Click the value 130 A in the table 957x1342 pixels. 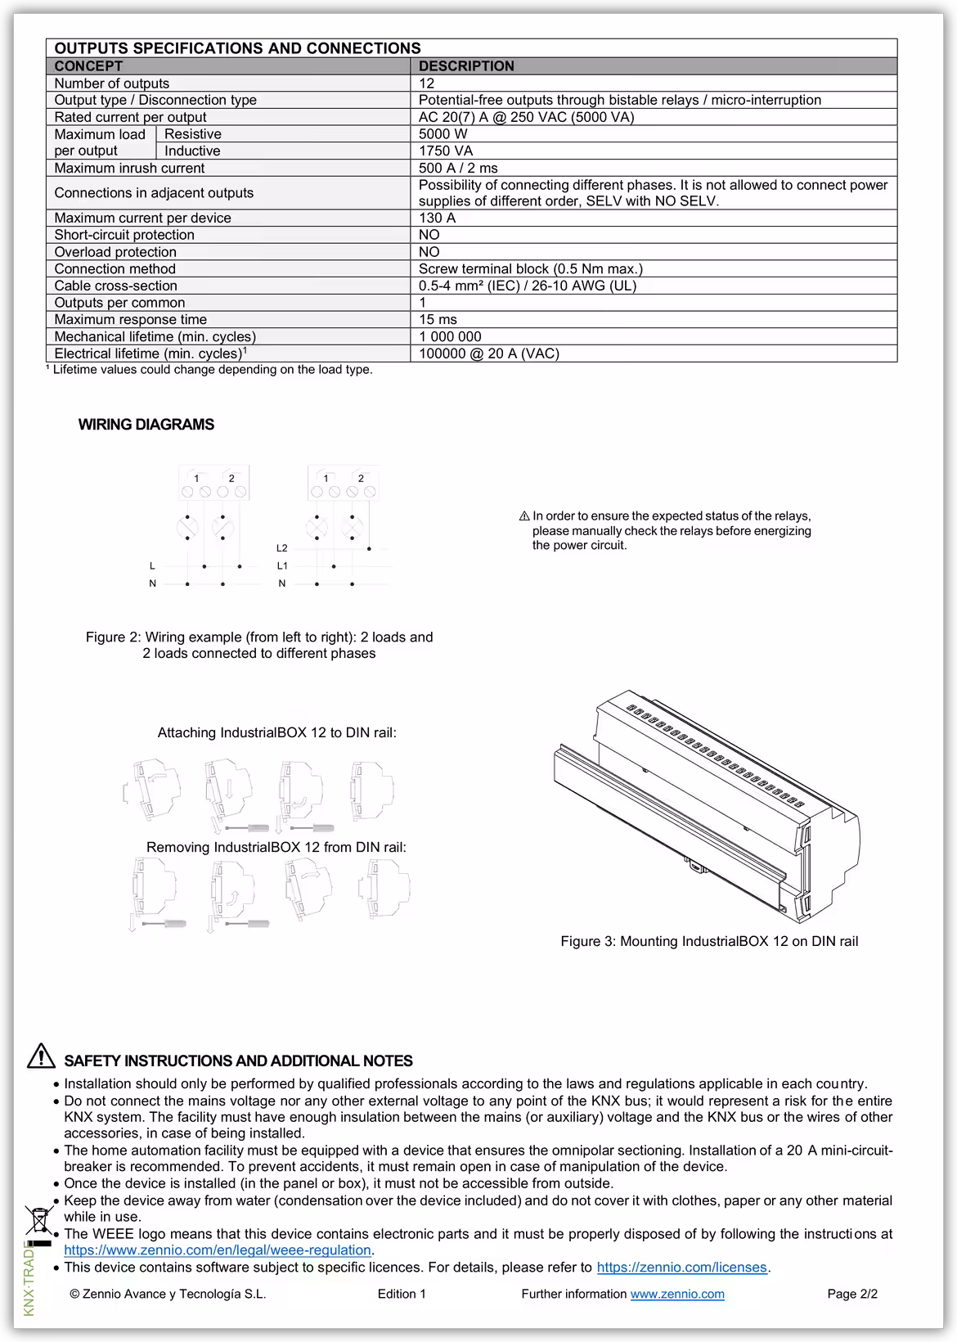[x=437, y=218]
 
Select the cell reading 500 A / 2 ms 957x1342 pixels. [x=458, y=168]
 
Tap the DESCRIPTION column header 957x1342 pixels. [x=466, y=66]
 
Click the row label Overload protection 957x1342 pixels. [x=115, y=252]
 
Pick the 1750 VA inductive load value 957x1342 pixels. [x=446, y=151]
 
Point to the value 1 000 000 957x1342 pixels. [x=450, y=336]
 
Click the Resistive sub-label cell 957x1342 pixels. [x=193, y=134]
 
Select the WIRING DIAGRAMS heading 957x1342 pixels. [x=146, y=425]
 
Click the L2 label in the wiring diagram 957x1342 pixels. [x=282, y=548]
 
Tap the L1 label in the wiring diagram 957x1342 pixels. [x=282, y=565]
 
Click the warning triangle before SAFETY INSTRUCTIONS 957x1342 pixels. [x=41, y=1056]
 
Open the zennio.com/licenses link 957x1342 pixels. [x=681, y=1268]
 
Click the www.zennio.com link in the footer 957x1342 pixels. [x=676, y=1294]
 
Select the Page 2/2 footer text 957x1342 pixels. [x=852, y=1294]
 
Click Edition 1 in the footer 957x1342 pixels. [x=402, y=1294]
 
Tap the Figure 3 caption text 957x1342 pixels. [x=709, y=941]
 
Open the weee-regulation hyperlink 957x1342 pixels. [x=218, y=1250]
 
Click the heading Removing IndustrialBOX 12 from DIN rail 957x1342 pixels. [x=276, y=847]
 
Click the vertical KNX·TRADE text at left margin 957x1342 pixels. [x=29, y=1277]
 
